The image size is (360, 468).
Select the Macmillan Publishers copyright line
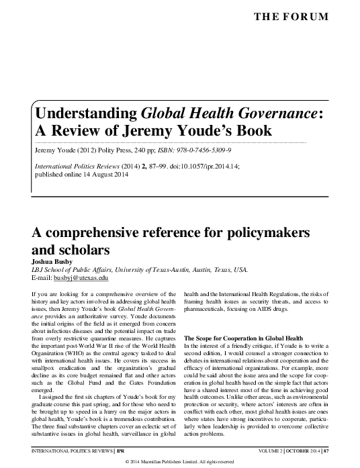tap(179, 462)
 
